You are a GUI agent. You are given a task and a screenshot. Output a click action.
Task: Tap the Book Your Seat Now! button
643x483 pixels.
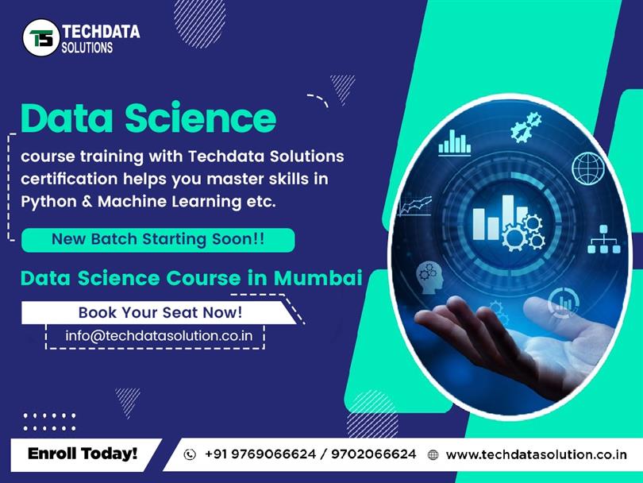click(160, 312)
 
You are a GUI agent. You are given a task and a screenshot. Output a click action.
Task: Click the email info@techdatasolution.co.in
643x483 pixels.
click(159, 335)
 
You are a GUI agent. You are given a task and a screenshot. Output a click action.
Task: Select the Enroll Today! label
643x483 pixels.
click(83, 454)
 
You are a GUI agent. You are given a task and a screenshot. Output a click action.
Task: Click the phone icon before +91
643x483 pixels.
click(190, 455)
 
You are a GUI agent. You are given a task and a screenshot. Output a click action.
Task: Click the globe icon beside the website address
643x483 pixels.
click(433, 455)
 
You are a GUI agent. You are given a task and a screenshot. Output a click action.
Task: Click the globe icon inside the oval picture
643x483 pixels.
click(589, 168)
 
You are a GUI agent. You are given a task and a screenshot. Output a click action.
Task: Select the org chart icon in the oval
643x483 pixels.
click(603, 238)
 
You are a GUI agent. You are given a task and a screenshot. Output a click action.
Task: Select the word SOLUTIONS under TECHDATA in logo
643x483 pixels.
click(87, 48)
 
